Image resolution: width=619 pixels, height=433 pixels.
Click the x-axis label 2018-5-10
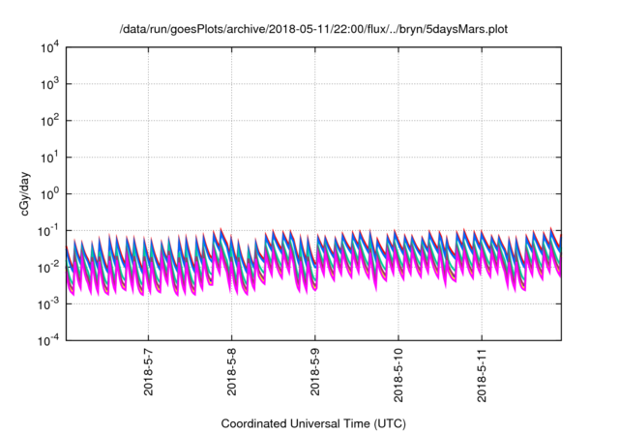point(398,376)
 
